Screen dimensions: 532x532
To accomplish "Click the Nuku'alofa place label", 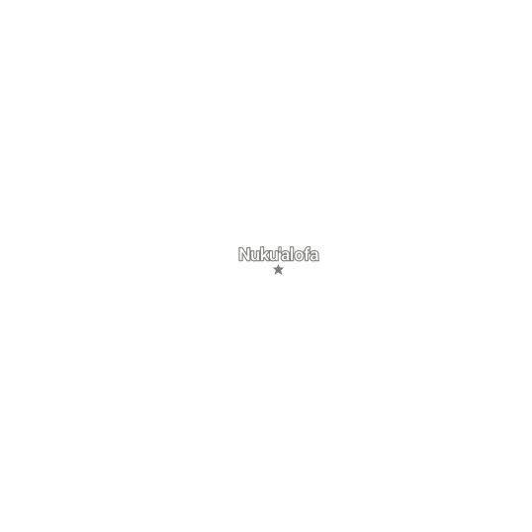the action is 279,254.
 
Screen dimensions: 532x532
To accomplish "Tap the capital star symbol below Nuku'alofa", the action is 278,270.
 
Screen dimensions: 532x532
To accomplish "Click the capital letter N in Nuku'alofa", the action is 244,254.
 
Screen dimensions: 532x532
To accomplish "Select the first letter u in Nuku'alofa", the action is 256,256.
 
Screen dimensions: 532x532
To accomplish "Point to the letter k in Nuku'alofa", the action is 265,254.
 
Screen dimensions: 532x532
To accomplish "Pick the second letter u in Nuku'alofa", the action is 274,256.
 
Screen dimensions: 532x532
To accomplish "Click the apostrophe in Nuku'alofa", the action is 280,250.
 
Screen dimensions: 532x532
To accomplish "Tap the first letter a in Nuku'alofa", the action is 286,256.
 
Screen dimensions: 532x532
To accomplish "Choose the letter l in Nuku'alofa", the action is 293,254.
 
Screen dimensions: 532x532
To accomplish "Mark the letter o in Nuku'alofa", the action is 300,256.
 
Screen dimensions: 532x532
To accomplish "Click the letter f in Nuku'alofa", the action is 308,254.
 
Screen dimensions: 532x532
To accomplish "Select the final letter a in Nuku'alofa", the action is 314,256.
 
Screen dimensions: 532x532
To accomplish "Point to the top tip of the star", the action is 278,265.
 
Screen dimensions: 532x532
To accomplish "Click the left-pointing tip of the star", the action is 273,268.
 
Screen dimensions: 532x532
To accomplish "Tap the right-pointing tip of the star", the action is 284,268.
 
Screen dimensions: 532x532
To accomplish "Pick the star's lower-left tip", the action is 275,275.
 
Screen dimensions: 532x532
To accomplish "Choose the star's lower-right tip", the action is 282,275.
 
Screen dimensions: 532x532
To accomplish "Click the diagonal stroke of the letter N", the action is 244,254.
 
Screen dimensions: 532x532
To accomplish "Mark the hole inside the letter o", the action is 300,256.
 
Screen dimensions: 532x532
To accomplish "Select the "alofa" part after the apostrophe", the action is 301,254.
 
